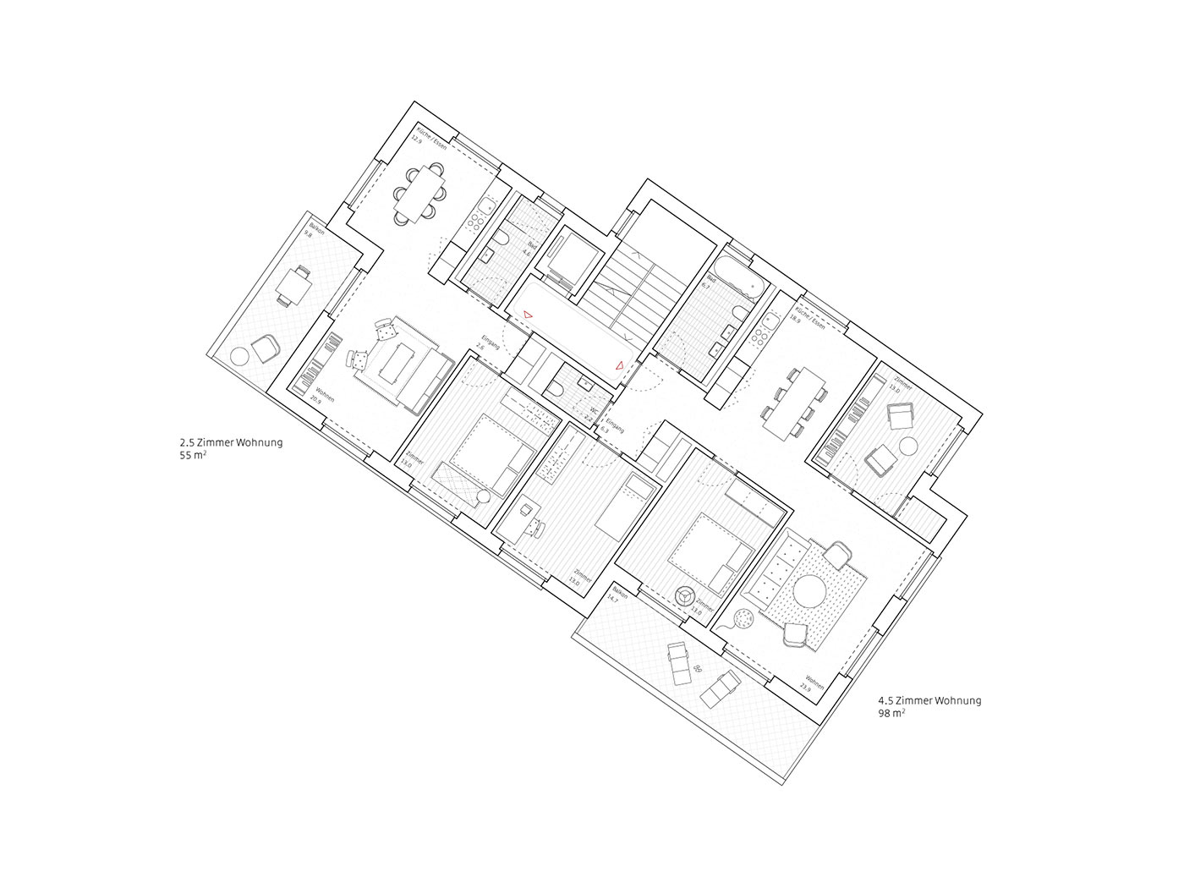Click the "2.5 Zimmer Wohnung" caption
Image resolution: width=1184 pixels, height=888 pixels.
(x=231, y=442)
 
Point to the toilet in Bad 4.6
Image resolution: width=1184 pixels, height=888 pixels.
(x=502, y=242)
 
